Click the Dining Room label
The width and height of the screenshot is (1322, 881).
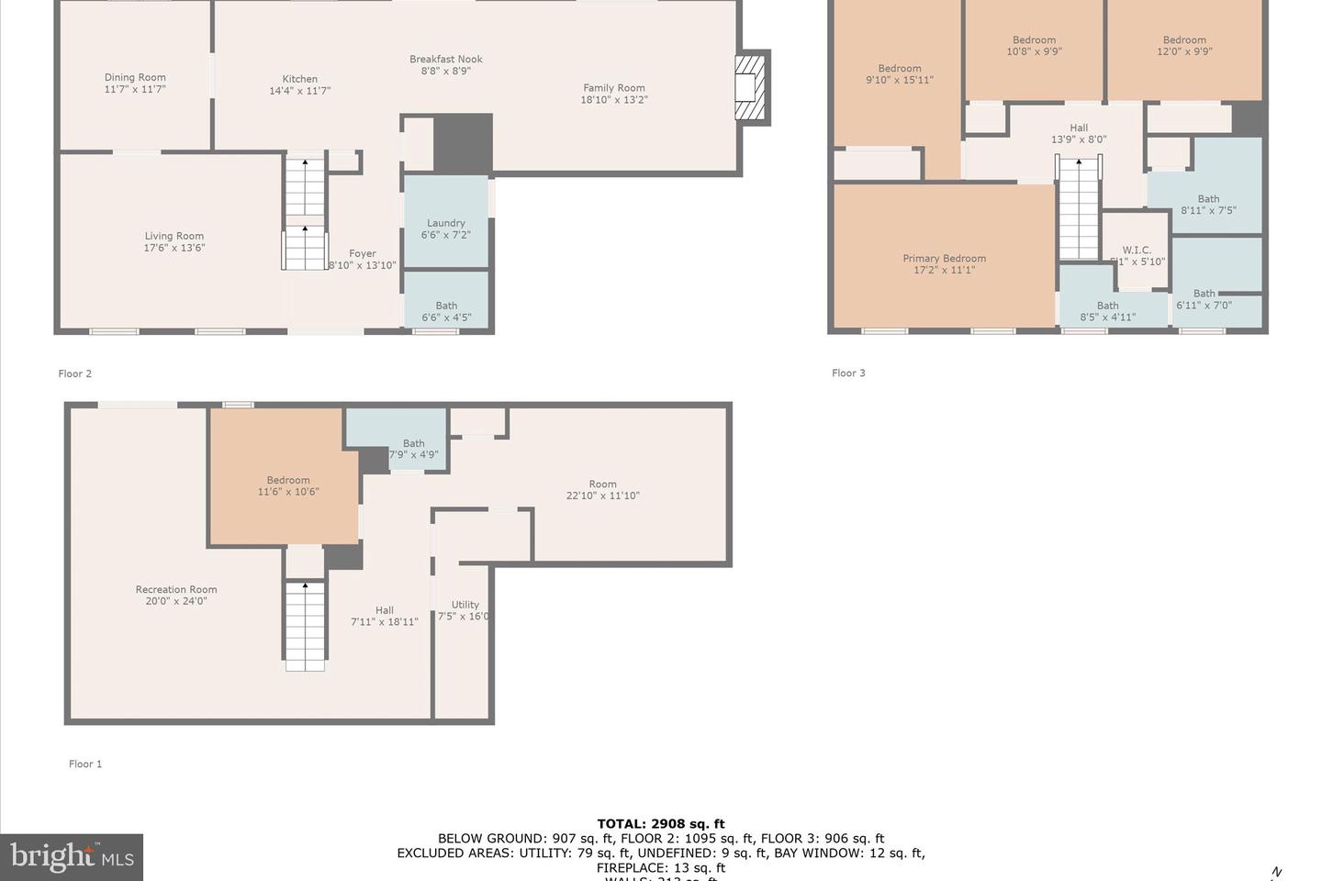pos(135,84)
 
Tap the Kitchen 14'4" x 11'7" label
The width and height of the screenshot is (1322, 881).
pos(299,85)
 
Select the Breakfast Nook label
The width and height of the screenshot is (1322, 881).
pos(445,64)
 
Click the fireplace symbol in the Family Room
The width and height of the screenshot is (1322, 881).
pos(751,87)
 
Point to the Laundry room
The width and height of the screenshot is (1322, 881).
pos(446,229)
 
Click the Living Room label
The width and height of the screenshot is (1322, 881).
pos(174,241)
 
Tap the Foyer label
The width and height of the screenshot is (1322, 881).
pos(363,259)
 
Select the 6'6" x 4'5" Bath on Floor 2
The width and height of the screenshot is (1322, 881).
pos(446,311)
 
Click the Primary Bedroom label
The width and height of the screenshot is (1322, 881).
pos(944,264)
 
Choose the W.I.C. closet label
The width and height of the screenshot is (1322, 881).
pos(1136,255)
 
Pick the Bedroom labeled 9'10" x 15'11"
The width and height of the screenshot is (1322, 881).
pos(899,74)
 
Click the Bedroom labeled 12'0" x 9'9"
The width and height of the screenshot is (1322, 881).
pos(1184,46)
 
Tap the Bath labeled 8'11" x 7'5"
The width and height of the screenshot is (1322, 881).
pos(1208,205)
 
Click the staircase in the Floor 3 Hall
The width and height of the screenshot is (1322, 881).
pos(1078,208)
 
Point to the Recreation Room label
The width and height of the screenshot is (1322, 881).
pos(176,595)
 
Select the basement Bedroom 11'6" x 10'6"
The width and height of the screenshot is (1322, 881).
pos(288,485)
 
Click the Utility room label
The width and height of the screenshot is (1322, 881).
pos(465,609)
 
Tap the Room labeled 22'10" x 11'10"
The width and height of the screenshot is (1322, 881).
pos(602,489)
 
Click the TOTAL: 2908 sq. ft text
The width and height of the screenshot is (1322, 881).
pos(661,824)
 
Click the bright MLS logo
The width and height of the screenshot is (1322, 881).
pos(72,857)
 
